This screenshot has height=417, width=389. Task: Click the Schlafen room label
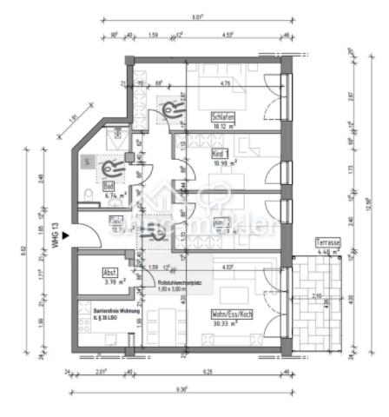click(224, 116)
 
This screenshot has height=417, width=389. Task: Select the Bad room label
click(109, 187)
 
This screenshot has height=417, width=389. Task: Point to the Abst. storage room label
click(110, 270)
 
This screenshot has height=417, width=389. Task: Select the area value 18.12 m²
click(224, 125)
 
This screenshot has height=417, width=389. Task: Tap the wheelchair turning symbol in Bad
click(110, 169)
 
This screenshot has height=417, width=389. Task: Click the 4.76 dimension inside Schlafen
click(224, 84)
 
